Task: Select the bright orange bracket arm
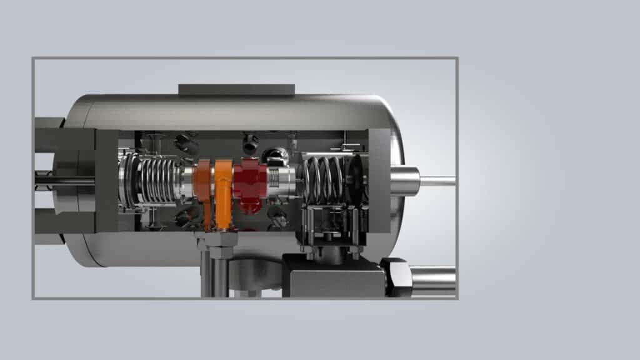point(223,187)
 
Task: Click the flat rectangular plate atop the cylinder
point(236,90)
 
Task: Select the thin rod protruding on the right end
point(437,181)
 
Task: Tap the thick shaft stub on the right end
point(405,181)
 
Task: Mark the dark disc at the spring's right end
point(356,178)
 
